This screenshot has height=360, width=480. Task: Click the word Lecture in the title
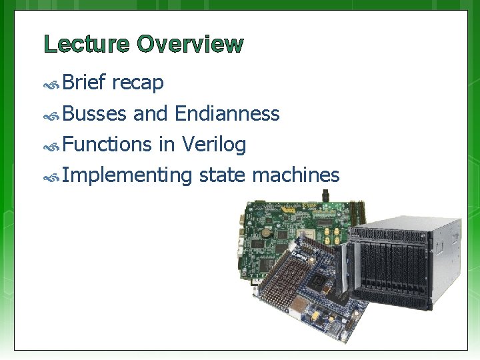[x=87, y=45]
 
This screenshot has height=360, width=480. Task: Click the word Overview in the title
[x=190, y=45]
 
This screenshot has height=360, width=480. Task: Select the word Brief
[x=85, y=83]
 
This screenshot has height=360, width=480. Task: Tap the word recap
[x=138, y=83]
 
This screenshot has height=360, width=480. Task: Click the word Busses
[x=95, y=114]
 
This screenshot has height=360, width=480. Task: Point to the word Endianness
[x=227, y=114]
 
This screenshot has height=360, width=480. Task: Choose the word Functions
[x=108, y=145]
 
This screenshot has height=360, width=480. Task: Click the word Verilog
[x=213, y=145]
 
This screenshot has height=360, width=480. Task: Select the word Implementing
[x=127, y=175]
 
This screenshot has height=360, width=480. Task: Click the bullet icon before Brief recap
[x=52, y=85]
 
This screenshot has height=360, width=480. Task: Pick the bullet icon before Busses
[x=52, y=115]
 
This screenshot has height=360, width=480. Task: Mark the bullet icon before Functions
[x=52, y=146]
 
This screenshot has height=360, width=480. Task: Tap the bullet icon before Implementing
[x=52, y=177]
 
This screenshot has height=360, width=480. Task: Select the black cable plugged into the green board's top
[x=326, y=195]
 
